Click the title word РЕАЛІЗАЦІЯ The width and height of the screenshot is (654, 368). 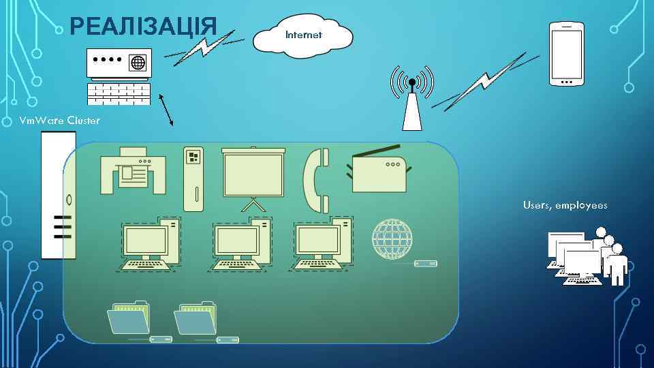(x=143, y=27)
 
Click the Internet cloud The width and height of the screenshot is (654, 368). (x=303, y=34)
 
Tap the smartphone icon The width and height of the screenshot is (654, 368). (x=566, y=54)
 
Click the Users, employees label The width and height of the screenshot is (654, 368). (x=565, y=205)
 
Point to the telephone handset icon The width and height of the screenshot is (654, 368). (x=316, y=180)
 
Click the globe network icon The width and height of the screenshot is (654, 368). (x=392, y=239)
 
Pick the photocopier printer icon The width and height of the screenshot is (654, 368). (x=133, y=171)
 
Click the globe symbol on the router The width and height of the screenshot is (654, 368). (x=138, y=63)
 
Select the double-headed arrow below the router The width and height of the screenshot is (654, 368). (x=166, y=109)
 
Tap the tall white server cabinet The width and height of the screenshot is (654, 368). (x=58, y=195)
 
